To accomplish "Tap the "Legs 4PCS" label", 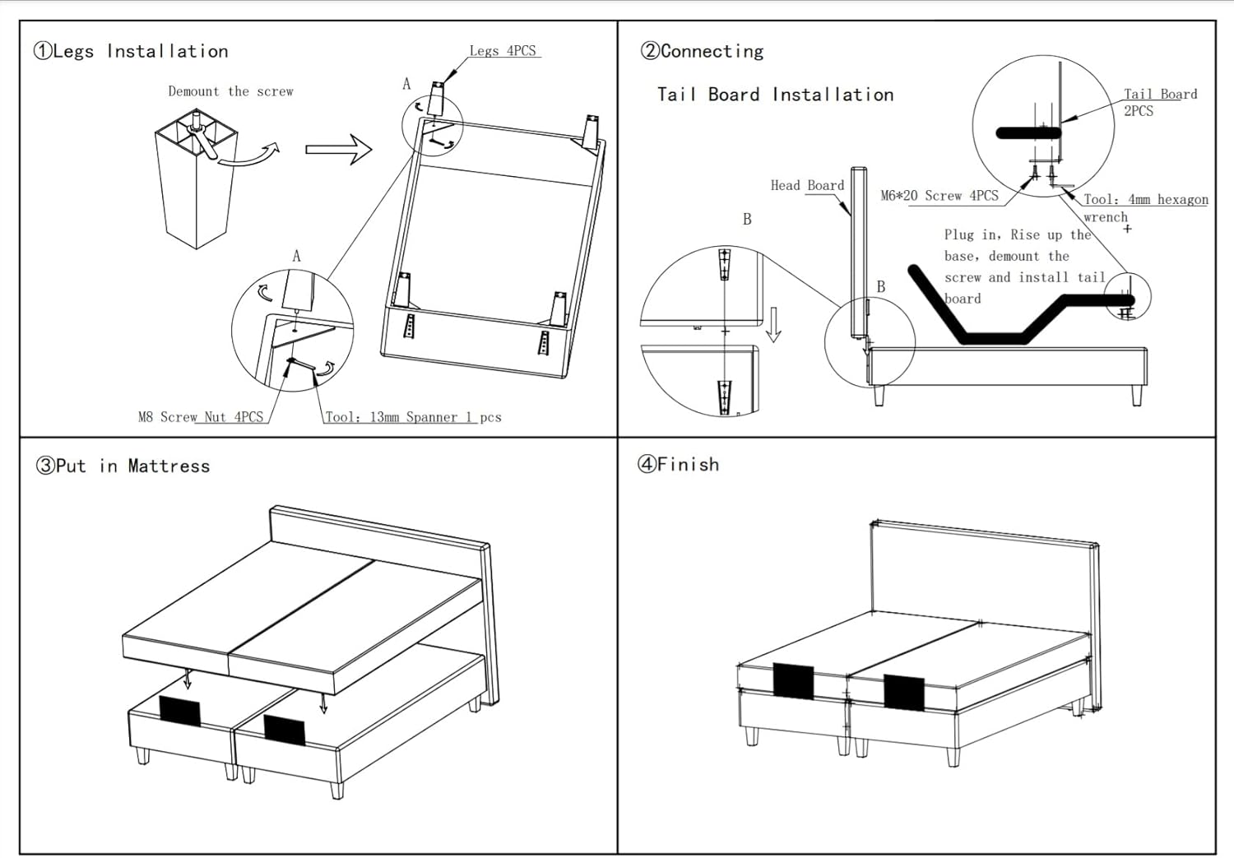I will [x=503, y=51].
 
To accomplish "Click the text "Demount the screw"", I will [x=230, y=91].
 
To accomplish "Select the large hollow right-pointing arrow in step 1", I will [x=338, y=150].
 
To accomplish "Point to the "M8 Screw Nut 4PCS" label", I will [x=201, y=417].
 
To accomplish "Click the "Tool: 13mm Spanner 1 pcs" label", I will [x=413, y=417].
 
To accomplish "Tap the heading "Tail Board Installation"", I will [x=775, y=95].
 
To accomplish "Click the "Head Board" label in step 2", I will [x=807, y=186].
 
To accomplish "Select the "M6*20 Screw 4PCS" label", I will [x=939, y=196].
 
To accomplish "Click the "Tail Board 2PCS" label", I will [x=1160, y=102].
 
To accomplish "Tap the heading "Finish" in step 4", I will [x=688, y=465].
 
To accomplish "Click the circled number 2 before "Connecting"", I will [x=650, y=51].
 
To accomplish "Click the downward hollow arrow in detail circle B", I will [x=773, y=325].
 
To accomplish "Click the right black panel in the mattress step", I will [x=285, y=730].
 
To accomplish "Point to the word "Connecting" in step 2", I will [x=712, y=51].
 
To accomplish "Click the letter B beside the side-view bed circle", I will [x=881, y=287].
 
